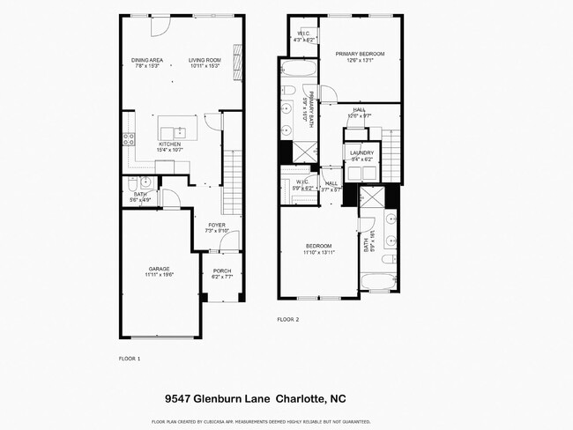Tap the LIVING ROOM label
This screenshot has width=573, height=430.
tap(204, 60)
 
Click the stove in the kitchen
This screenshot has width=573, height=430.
tap(128, 138)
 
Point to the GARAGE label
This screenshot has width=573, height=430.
tap(159, 268)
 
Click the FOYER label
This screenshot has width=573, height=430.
tap(217, 226)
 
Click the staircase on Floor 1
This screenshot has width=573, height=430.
tap(233, 182)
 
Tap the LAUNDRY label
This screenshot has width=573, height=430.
tap(361, 152)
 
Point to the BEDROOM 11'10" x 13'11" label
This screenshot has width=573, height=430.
tap(318, 246)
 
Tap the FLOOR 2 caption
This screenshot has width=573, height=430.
tap(289, 319)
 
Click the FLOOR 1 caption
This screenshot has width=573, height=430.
tap(130, 359)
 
